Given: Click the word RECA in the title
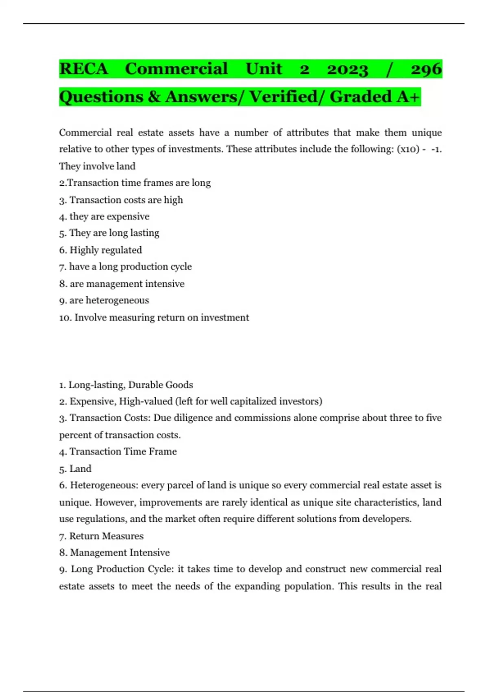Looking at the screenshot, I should [x=84, y=69].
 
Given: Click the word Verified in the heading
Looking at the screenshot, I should [x=283, y=97].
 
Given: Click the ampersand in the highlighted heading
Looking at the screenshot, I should [x=154, y=97].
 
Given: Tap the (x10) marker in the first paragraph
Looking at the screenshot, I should [x=408, y=149].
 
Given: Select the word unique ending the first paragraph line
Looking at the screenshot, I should [x=427, y=133].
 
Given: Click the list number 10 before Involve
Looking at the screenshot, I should [x=65, y=318].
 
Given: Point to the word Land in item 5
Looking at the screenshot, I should [x=81, y=469].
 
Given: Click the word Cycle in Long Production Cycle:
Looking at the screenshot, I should [x=161, y=569].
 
